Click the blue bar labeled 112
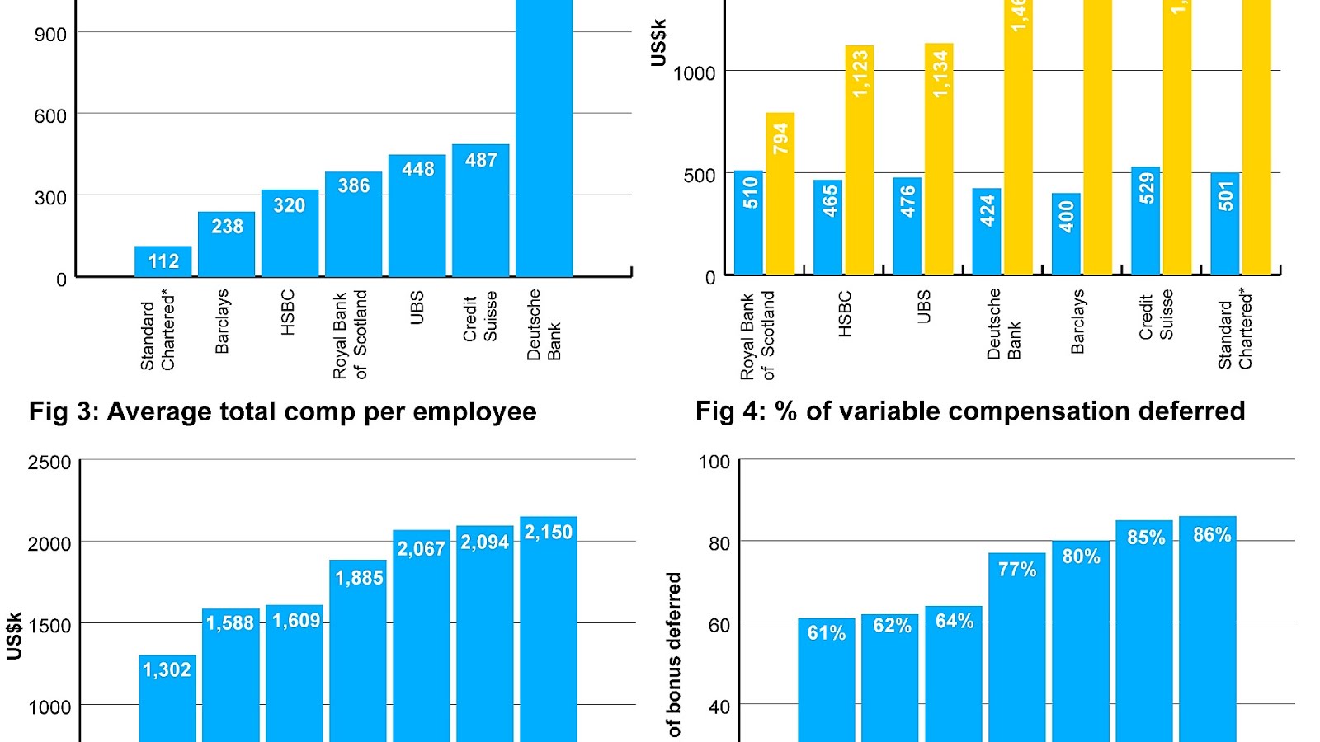tap(163, 261)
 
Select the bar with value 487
tap(481, 210)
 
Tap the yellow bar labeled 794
tap(780, 194)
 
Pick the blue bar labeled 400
tap(1066, 234)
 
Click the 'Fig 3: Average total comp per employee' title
tap(283, 411)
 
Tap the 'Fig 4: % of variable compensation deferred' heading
tap(970, 411)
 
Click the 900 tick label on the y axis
tap(50, 35)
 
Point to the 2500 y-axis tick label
tap(49, 463)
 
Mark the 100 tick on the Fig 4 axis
tap(714, 462)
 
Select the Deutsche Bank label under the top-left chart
tap(544, 325)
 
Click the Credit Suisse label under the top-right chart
tap(1156, 317)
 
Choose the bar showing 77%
tap(1017, 646)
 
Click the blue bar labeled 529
tap(1145, 221)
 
